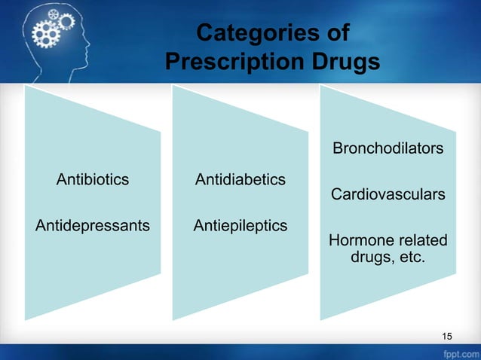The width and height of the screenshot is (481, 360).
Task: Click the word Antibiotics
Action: click(x=93, y=180)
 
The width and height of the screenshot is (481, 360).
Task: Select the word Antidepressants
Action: click(x=93, y=225)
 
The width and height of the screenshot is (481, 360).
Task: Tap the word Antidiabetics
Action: click(x=240, y=180)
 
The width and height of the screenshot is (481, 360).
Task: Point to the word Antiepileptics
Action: click(x=240, y=225)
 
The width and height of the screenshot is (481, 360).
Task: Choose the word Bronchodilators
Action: click(x=388, y=148)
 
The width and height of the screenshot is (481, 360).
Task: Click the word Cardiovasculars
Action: click(x=388, y=195)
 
